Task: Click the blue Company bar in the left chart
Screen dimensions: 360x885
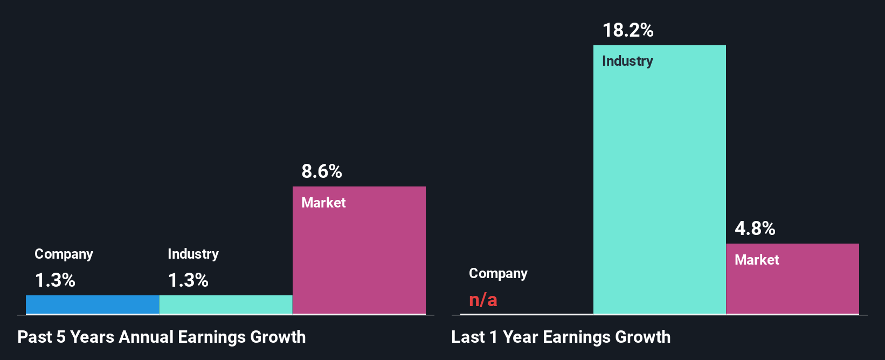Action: (x=92, y=304)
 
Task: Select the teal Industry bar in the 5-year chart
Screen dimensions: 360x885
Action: (x=226, y=304)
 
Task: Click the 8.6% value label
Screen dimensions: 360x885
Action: (x=322, y=171)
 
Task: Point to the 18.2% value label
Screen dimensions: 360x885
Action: (x=628, y=30)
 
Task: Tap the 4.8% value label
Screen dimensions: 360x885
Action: (x=755, y=229)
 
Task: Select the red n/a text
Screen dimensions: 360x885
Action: (x=483, y=300)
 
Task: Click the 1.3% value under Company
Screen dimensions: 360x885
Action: (x=55, y=280)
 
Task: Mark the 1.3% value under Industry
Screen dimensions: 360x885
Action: (x=188, y=280)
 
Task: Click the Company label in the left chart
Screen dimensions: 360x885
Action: (x=64, y=254)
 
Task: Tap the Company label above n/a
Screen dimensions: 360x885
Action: (x=498, y=273)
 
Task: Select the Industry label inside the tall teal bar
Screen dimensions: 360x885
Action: (x=627, y=61)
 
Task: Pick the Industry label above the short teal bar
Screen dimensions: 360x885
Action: (x=193, y=254)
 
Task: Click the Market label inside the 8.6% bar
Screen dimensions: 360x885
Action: (x=323, y=203)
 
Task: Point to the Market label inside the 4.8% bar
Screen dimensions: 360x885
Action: (x=757, y=260)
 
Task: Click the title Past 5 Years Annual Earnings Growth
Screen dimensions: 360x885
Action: (x=162, y=337)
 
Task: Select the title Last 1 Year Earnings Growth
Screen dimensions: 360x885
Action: (x=561, y=337)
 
